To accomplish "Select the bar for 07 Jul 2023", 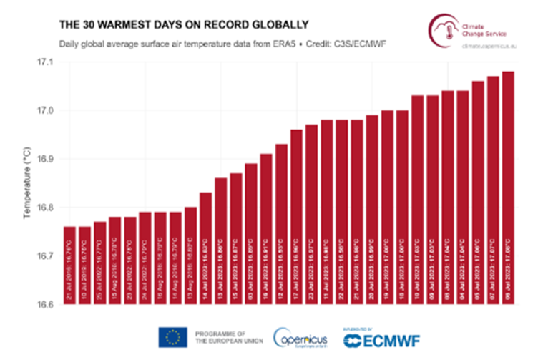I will click(x=493, y=190).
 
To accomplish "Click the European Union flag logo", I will click(x=173, y=336).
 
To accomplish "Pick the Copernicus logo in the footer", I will click(x=300, y=336).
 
